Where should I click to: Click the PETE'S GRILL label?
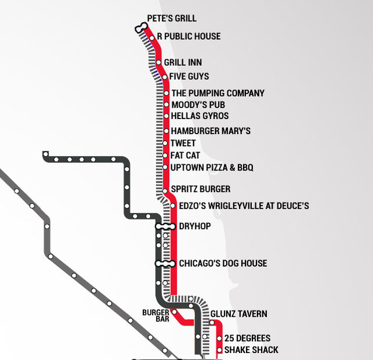click(171, 19)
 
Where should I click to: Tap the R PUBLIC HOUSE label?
click(188, 36)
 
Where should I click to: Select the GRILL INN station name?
click(183, 62)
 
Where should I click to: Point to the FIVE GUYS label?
click(189, 76)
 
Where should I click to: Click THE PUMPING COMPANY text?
click(217, 93)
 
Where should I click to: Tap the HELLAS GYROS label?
click(199, 116)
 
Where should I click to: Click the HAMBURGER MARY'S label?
click(210, 131)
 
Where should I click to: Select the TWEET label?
click(183, 144)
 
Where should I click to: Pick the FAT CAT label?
click(185, 156)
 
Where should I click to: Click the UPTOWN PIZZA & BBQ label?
click(212, 168)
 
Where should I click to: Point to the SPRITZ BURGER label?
click(200, 189)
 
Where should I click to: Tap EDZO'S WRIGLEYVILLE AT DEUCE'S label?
click(244, 205)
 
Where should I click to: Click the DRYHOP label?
click(195, 226)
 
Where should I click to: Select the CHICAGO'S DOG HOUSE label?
click(223, 263)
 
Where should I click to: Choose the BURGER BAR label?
click(156, 316)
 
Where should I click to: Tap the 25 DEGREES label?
click(247, 338)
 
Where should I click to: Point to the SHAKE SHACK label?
click(251, 350)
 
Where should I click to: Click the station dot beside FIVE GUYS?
click(165, 76)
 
